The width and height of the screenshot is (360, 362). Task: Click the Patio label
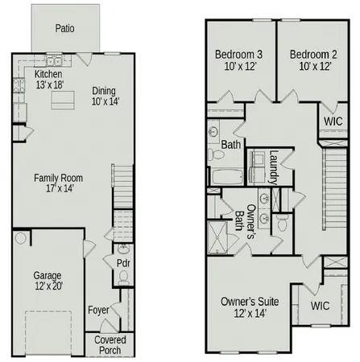coord(66,27)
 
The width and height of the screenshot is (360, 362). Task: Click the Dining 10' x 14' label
coord(105,96)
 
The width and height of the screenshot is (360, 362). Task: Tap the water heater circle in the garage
coord(20,239)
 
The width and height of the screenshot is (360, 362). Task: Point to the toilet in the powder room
coord(122,278)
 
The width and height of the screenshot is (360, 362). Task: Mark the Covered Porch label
coord(110,345)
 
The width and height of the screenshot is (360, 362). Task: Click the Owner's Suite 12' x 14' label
coord(250,306)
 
